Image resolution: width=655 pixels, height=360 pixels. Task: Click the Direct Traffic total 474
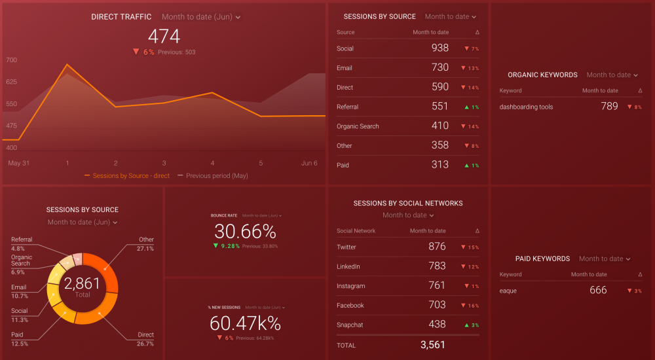click(164, 36)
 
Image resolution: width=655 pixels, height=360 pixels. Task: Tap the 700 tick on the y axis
click(12, 60)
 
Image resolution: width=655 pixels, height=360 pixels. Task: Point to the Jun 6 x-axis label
click(310, 163)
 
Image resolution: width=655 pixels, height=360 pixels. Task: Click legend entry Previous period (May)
click(217, 176)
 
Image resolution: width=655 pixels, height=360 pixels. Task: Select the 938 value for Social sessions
click(440, 48)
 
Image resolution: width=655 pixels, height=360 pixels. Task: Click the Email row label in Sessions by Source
click(345, 68)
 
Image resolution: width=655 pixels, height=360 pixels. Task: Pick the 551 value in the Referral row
click(440, 107)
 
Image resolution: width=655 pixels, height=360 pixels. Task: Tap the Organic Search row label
click(358, 126)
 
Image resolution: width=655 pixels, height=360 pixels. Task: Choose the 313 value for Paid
click(440, 165)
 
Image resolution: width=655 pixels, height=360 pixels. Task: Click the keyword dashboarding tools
click(526, 107)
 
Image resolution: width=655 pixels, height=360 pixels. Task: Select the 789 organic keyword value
click(609, 106)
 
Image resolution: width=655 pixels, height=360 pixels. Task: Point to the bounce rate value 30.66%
click(245, 231)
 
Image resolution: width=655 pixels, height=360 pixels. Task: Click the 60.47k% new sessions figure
click(245, 323)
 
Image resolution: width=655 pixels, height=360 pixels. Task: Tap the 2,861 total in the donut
click(83, 283)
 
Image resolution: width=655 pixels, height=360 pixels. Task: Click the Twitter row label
click(346, 247)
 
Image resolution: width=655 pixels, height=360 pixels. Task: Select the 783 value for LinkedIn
click(437, 266)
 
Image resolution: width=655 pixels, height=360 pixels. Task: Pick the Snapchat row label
click(349, 325)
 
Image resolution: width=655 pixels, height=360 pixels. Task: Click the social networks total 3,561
click(432, 344)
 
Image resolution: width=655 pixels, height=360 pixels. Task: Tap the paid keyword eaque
click(508, 291)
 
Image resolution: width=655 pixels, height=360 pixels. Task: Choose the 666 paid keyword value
click(598, 290)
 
